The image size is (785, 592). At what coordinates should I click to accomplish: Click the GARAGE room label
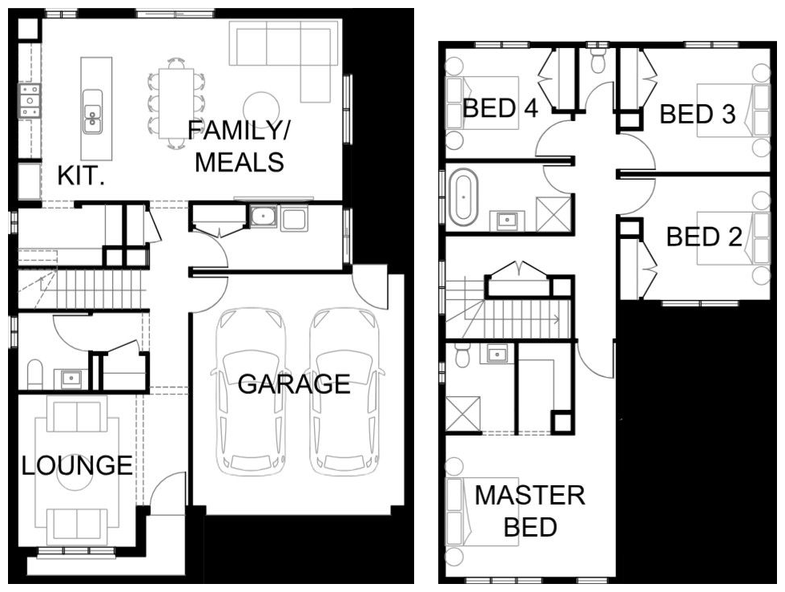point(294,384)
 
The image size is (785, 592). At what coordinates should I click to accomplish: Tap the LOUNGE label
point(77,466)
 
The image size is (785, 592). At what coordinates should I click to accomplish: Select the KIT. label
point(81,176)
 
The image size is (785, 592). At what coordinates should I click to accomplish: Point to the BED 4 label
point(500,107)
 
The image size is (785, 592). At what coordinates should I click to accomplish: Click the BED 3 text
point(698,114)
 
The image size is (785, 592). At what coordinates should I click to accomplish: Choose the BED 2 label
point(704,237)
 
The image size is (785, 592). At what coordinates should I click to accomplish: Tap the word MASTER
point(529,495)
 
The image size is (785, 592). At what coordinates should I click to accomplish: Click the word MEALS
point(240,162)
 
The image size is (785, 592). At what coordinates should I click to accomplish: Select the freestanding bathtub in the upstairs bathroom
point(464,197)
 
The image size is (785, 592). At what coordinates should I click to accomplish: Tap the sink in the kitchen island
point(92,112)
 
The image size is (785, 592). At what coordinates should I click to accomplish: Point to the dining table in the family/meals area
point(176,103)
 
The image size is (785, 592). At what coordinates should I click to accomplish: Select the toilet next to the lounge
point(35,374)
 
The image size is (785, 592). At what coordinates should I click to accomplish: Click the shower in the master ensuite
point(463,414)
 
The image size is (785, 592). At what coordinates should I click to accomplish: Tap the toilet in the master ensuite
point(461,355)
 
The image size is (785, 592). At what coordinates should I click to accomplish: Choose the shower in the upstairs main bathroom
point(554,214)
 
